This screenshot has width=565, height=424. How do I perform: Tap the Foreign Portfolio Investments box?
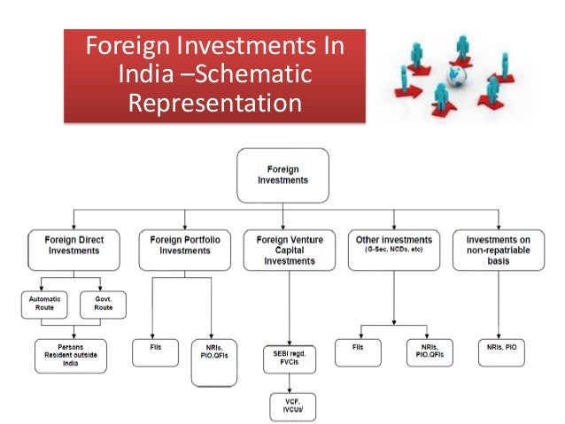[x=185, y=251]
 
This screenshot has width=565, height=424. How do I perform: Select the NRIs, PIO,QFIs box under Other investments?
[x=429, y=352]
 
